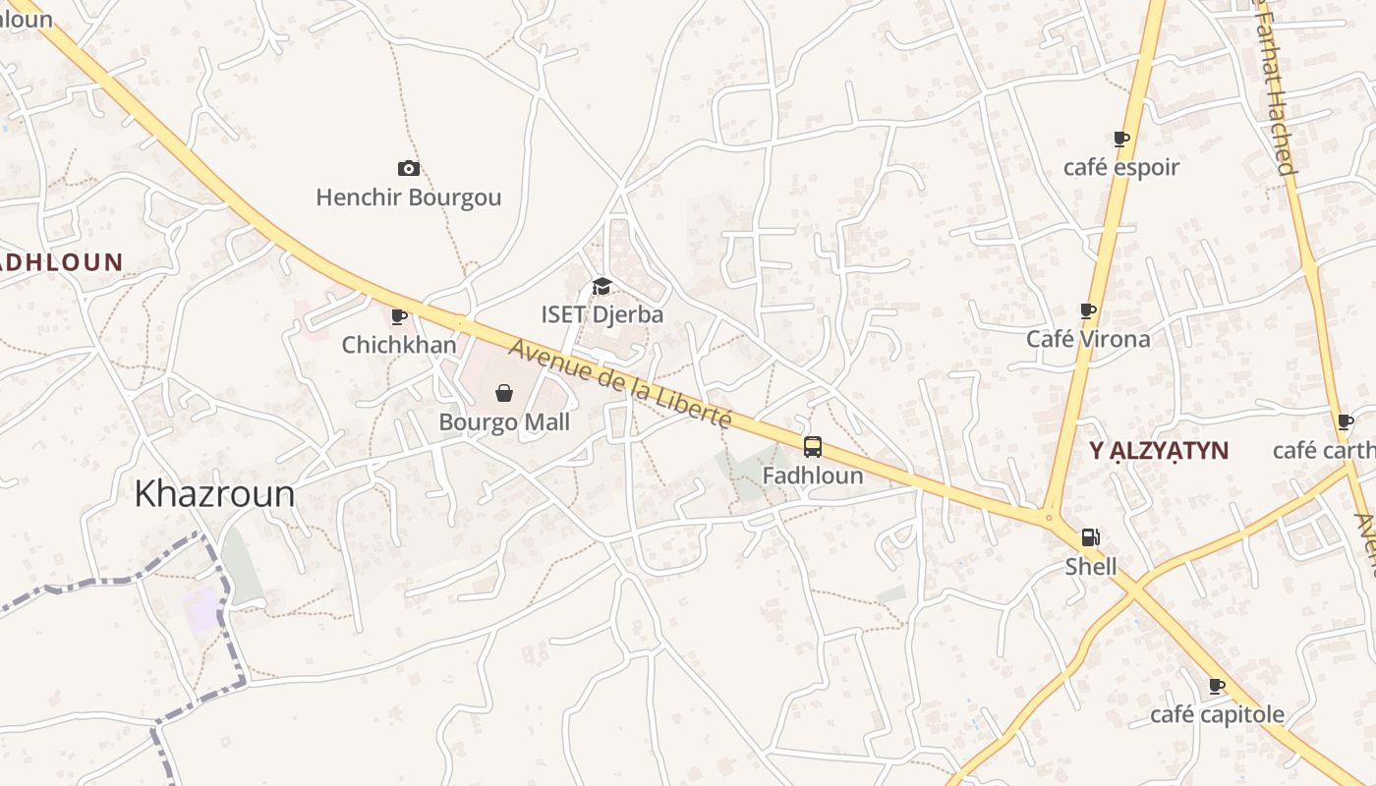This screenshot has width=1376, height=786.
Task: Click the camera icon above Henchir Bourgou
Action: (408, 169)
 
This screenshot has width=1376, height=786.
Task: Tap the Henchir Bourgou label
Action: (408, 197)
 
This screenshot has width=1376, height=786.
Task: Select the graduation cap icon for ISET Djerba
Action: (602, 286)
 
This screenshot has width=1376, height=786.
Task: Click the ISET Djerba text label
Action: (602, 314)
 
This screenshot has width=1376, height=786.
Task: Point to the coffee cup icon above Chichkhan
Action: (398, 316)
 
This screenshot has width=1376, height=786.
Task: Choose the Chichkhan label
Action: (399, 345)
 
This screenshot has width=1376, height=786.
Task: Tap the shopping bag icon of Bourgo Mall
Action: (504, 393)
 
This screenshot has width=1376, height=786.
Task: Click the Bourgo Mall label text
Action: (504, 422)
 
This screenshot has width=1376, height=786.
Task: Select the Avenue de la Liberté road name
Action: (620, 383)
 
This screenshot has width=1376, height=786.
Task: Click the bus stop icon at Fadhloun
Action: (813, 447)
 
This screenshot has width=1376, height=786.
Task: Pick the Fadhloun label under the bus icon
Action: (813, 477)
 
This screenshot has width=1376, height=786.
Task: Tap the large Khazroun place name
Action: (214, 493)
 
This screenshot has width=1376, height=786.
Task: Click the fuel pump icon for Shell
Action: (1090, 537)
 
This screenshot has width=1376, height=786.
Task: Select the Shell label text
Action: (1091, 566)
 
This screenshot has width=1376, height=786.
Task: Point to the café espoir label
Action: (1120, 167)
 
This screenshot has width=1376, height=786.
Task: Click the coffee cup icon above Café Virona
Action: (1087, 310)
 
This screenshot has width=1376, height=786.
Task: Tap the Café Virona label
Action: (1088, 339)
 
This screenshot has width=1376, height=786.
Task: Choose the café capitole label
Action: (1217, 714)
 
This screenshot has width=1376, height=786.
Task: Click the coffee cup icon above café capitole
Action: (1216, 686)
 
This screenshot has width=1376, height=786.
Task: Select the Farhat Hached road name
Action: (1276, 88)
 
